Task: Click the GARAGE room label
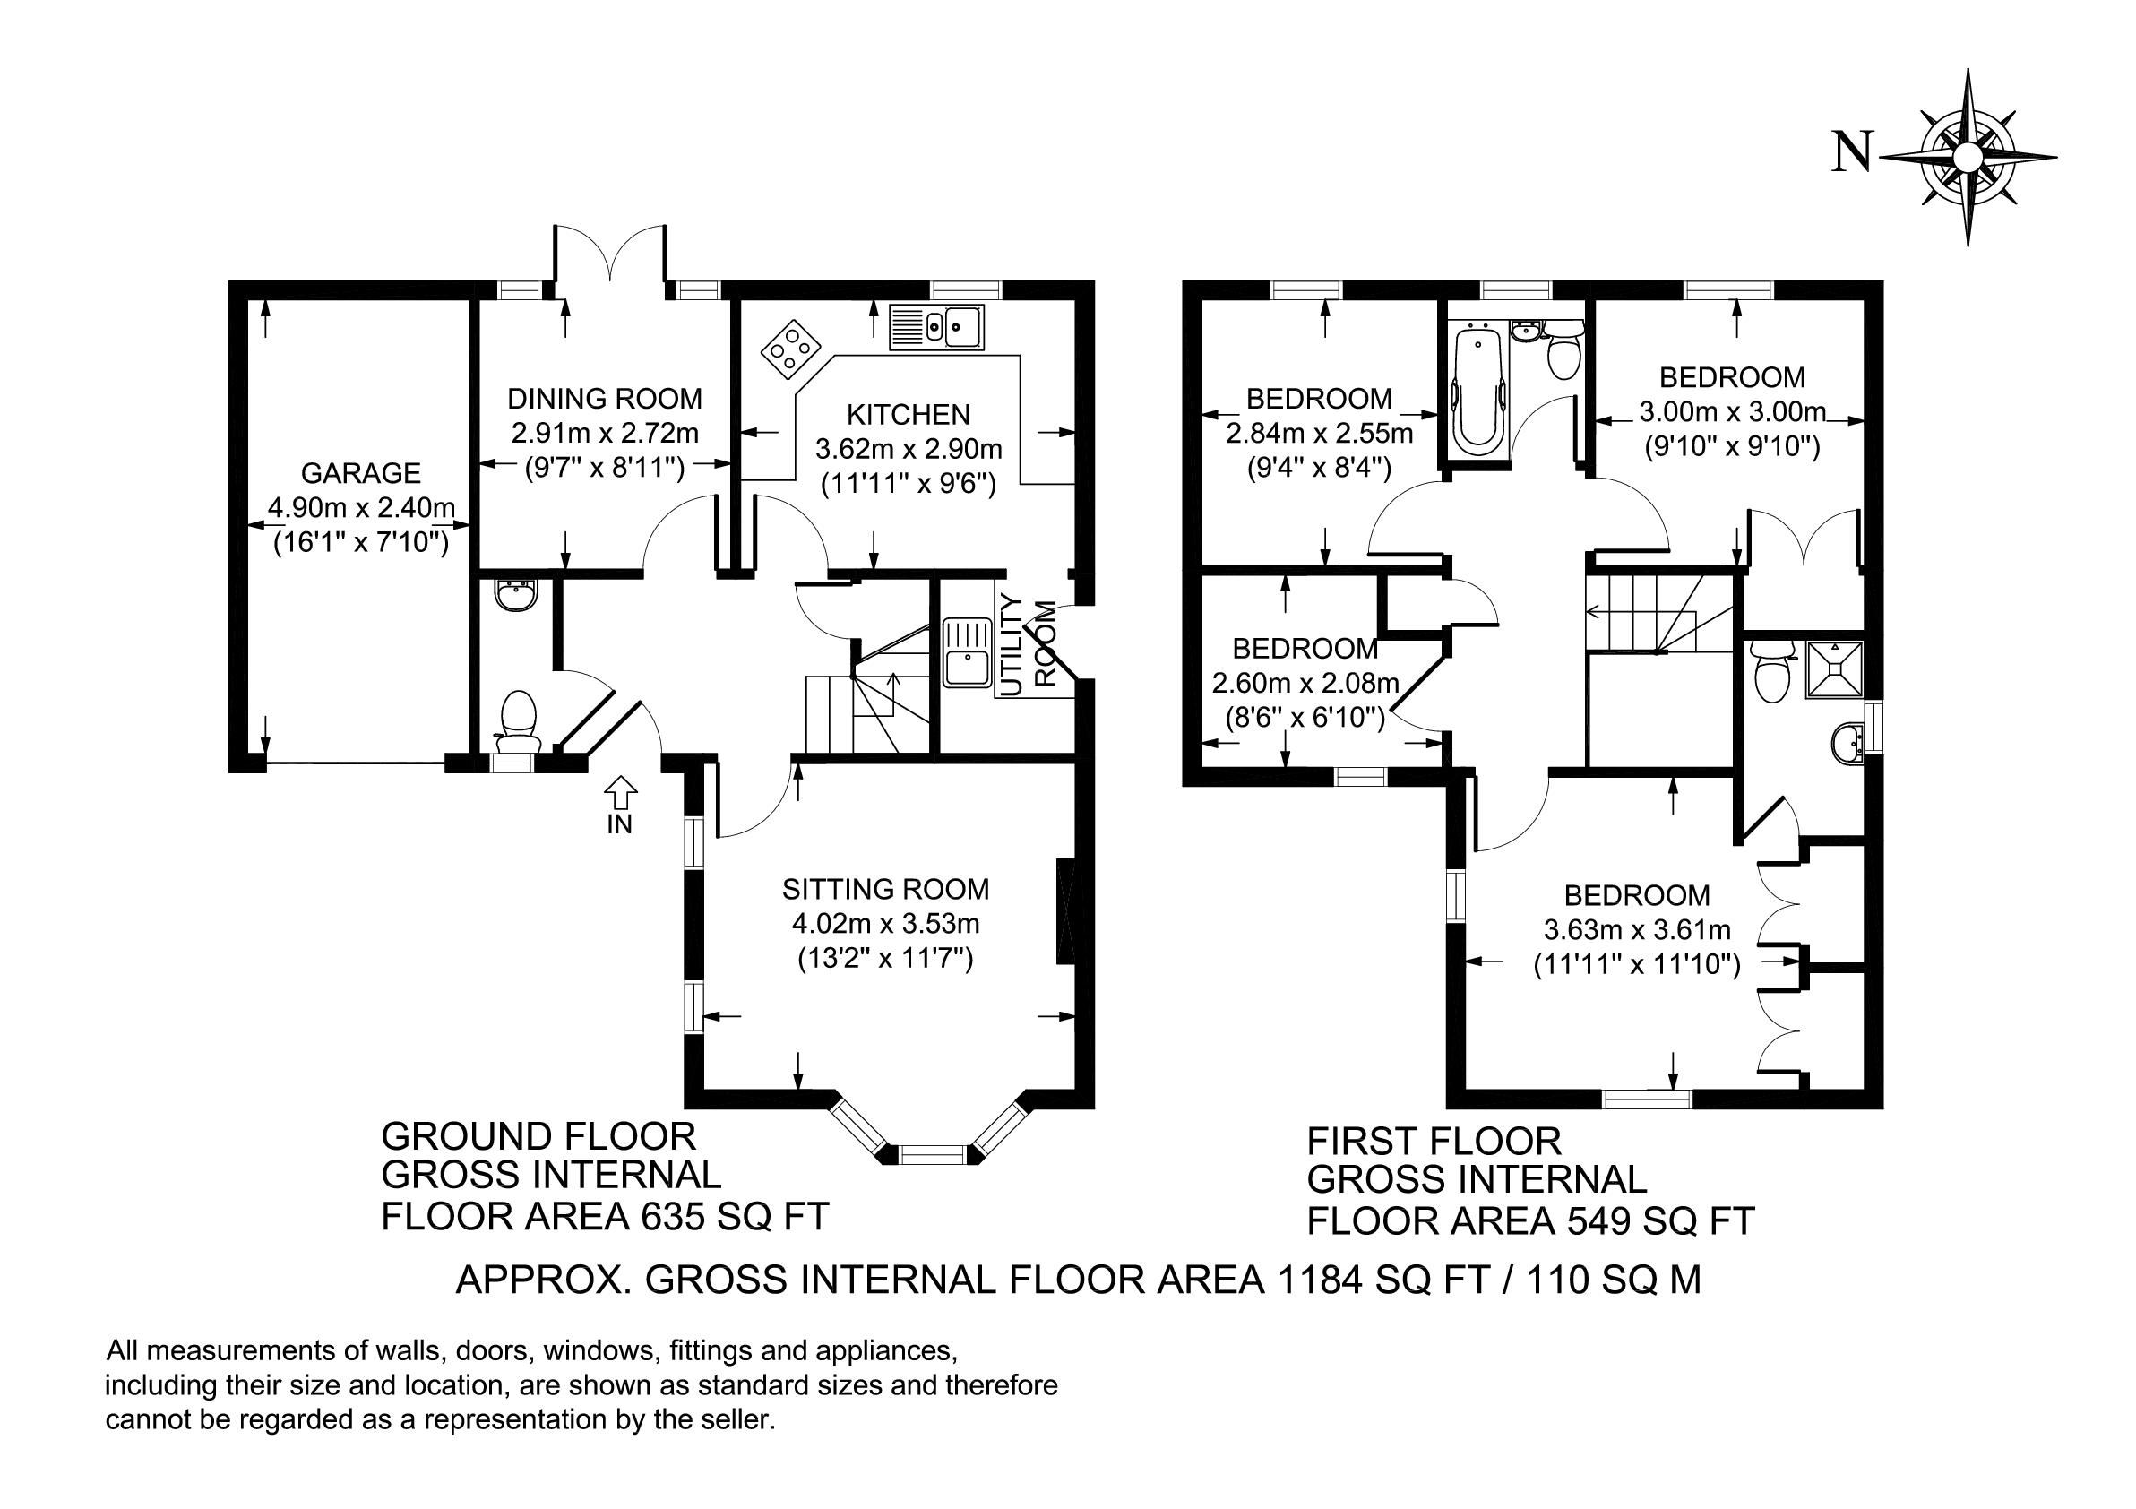click(361, 473)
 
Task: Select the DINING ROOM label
click(605, 399)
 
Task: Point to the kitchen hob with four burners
click(791, 349)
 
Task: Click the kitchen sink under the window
click(936, 327)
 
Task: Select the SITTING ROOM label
click(885, 890)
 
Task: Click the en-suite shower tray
click(1835, 668)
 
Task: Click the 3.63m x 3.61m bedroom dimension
click(1637, 930)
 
